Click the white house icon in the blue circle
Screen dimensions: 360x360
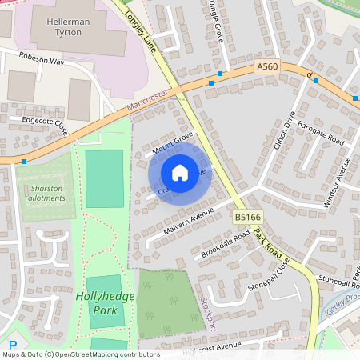180,173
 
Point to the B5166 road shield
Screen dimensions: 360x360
246,217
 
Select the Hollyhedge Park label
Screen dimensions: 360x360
100,302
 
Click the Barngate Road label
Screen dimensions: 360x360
320,127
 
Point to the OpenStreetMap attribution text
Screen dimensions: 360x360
80,354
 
